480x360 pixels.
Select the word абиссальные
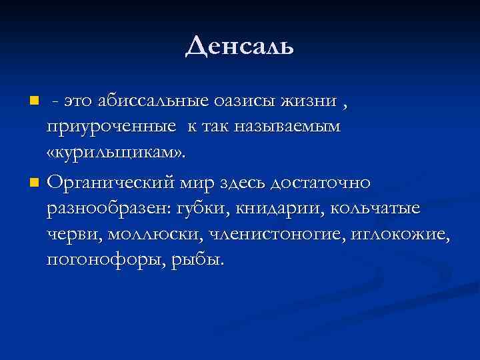tap(154, 102)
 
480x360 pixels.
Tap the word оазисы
tap(253, 102)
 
